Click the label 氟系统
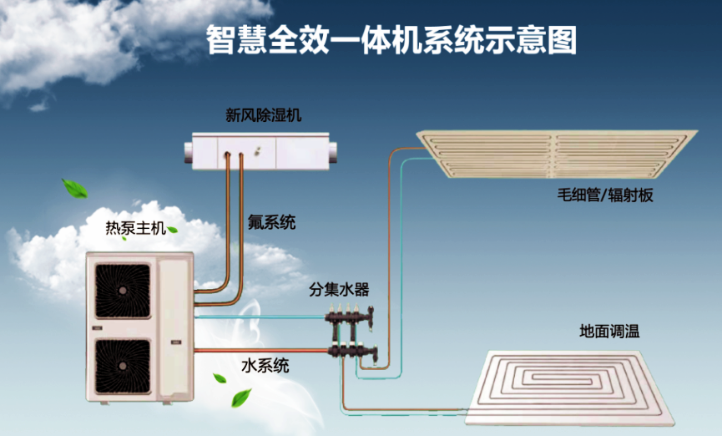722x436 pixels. click(271, 223)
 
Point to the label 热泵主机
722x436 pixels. click(130, 228)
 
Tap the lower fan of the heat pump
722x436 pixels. click(123, 367)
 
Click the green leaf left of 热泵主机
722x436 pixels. click(75, 189)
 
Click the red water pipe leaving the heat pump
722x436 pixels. click(259, 349)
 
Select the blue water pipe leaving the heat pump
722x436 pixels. click(259, 317)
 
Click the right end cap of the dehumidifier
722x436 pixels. click(336, 150)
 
